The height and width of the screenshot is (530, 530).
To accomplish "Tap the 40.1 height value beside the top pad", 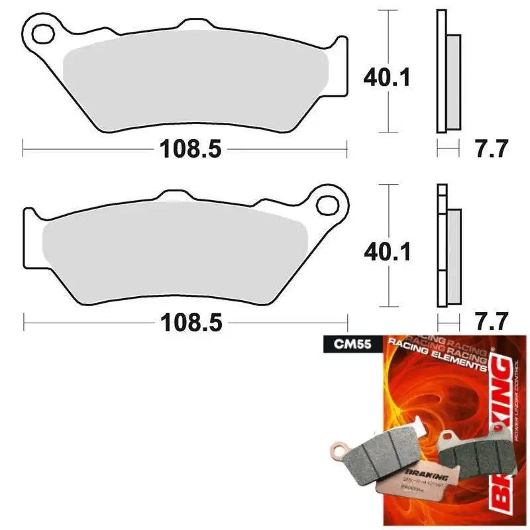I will [x=386, y=78].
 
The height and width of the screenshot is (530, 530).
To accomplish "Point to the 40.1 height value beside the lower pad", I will [x=386, y=252].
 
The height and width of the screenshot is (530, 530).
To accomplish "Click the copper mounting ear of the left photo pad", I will [x=343, y=450].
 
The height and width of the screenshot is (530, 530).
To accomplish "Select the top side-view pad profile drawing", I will [x=448, y=73].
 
